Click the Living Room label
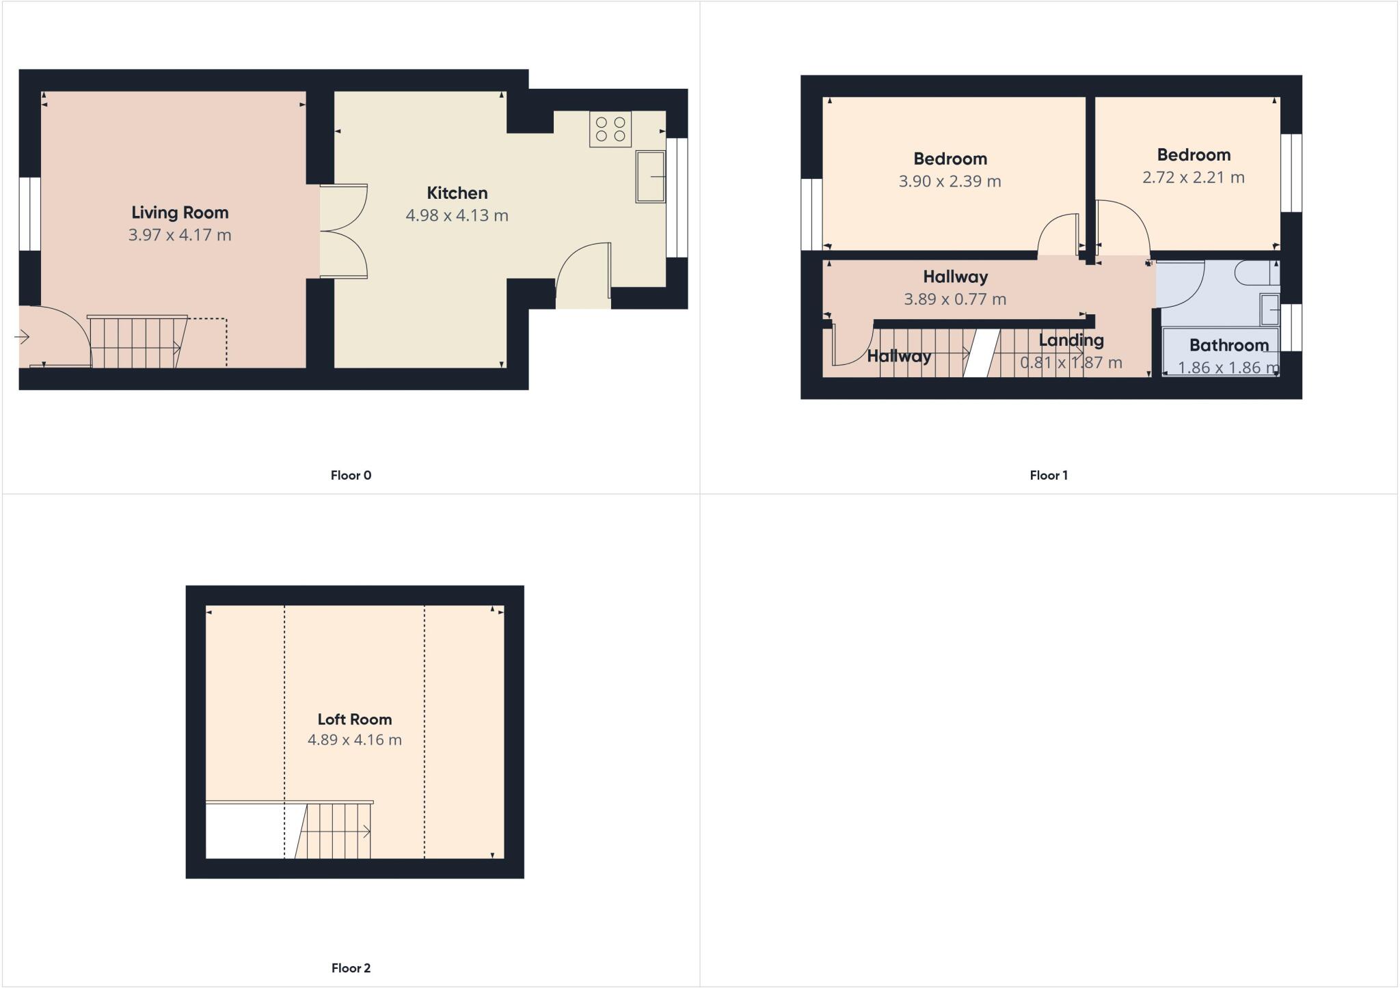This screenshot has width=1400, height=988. point(180,212)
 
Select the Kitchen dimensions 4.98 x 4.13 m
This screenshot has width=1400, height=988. point(457,216)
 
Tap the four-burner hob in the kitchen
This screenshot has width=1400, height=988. point(610,130)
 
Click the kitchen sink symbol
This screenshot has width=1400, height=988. point(650,177)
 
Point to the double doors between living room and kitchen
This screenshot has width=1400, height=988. point(344,231)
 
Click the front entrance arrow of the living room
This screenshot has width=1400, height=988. point(23,337)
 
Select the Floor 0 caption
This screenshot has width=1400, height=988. point(351,476)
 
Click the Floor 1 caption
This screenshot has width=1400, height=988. point(1049,476)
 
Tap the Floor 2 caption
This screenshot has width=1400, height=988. point(351,968)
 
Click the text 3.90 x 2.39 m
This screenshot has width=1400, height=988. point(950,182)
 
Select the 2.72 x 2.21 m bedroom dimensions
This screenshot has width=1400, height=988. point(1193,178)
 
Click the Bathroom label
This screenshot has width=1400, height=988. point(1228,345)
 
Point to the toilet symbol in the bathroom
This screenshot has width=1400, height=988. point(1256,274)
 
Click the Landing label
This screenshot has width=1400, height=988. point(1071,340)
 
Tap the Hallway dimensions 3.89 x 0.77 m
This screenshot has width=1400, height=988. point(955,299)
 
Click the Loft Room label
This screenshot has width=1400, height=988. point(354,719)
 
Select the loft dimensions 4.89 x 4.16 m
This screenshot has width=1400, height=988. point(354,740)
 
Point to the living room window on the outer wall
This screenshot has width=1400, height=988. point(29,214)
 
